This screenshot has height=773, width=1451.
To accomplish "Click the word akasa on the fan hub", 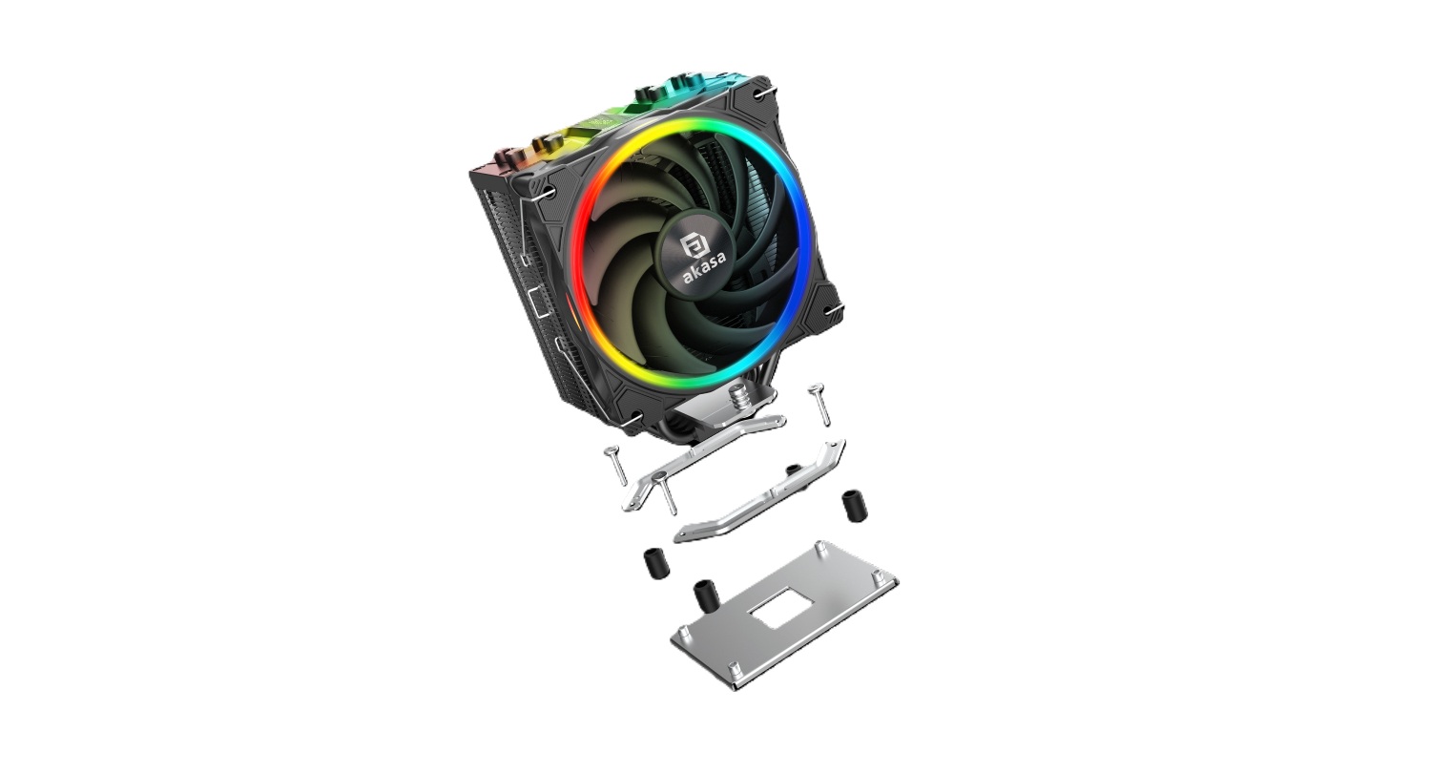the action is point(705,267).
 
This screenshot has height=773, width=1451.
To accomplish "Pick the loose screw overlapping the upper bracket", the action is point(665,493).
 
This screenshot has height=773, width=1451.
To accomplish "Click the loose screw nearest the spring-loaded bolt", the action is point(819,405).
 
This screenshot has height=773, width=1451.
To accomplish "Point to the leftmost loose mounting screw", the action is point(614,465).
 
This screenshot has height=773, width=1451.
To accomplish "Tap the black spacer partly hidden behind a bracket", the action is point(792,470).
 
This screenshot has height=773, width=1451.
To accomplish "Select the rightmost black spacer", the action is point(855,507).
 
